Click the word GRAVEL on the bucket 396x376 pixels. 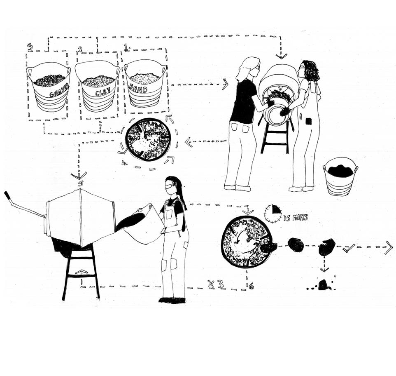point(59,91)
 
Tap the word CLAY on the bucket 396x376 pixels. point(102,92)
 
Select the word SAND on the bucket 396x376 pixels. point(138,88)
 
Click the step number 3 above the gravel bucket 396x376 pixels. point(30,47)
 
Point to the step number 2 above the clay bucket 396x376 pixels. point(80,49)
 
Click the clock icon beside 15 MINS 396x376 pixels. point(273,213)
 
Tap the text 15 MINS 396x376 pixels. point(295,218)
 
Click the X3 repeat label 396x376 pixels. point(216,284)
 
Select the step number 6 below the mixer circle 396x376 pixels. point(251,286)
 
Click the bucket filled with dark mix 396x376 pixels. point(340,176)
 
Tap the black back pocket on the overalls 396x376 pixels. point(309,121)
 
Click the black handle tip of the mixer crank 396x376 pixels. point(7,195)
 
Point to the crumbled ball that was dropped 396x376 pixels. point(322,285)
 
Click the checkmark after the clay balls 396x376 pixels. point(349,248)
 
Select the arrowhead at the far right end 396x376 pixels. point(389,247)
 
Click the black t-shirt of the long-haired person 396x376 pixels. point(244,101)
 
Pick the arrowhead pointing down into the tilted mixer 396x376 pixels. point(281,56)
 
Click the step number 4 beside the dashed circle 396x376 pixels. point(124,162)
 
